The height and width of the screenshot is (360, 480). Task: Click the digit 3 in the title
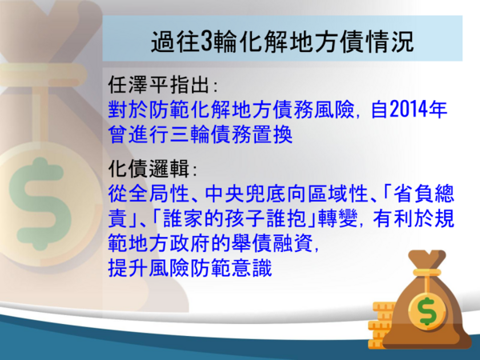click(x=207, y=41)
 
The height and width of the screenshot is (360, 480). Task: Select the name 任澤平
click(x=138, y=84)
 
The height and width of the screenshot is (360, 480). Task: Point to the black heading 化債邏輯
click(x=149, y=168)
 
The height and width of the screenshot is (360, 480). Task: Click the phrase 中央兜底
click(x=246, y=194)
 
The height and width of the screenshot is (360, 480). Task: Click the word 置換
click(x=272, y=134)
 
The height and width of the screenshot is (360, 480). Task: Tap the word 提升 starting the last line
click(x=128, y=268)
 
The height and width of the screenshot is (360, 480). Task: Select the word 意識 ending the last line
click(x=252, y=268)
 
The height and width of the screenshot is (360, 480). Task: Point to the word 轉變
click(x=338, y=218)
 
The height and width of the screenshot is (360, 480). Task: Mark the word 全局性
click(x=158, y=194)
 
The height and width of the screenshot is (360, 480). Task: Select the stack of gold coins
click(x=381, y=325)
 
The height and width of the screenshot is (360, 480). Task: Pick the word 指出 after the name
click(x=190, y=84)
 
